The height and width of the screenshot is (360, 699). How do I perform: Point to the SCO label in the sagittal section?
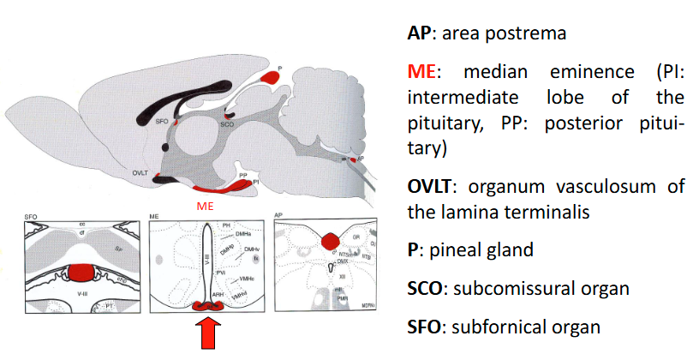coord(227,124)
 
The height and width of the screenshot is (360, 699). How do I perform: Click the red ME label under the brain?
coord(204,206)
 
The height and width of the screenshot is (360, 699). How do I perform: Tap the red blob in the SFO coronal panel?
coord(80,273)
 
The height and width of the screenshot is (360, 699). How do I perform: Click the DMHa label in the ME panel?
coord(243,233)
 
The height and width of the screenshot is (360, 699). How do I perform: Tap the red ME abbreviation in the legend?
coord(420,72)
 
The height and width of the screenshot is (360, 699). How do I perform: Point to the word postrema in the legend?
coord(521,34)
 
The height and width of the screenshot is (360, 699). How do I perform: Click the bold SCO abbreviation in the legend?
coord(425,288)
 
